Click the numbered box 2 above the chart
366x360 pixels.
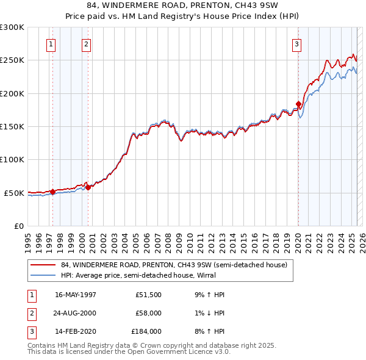pyautogui.click(x=86, y=44)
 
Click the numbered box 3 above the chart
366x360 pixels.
pyautogui.click(x=296, y=44)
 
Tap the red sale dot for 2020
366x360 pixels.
pyautogui.click(x=298, y=104)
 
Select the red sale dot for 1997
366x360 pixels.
pyautogui.click(x=53, y=192)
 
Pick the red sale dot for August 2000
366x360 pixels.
pyautogui.click(x=88, y=187)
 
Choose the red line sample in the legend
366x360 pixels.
pyautogui.click(x=43, y=265)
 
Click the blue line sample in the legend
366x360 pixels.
pyautogui.click(x=43, y=275)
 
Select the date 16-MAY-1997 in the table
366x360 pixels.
pyautogui.click(x=75, y=295)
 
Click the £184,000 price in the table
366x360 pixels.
pyautogui.click(x=146, y=331)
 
